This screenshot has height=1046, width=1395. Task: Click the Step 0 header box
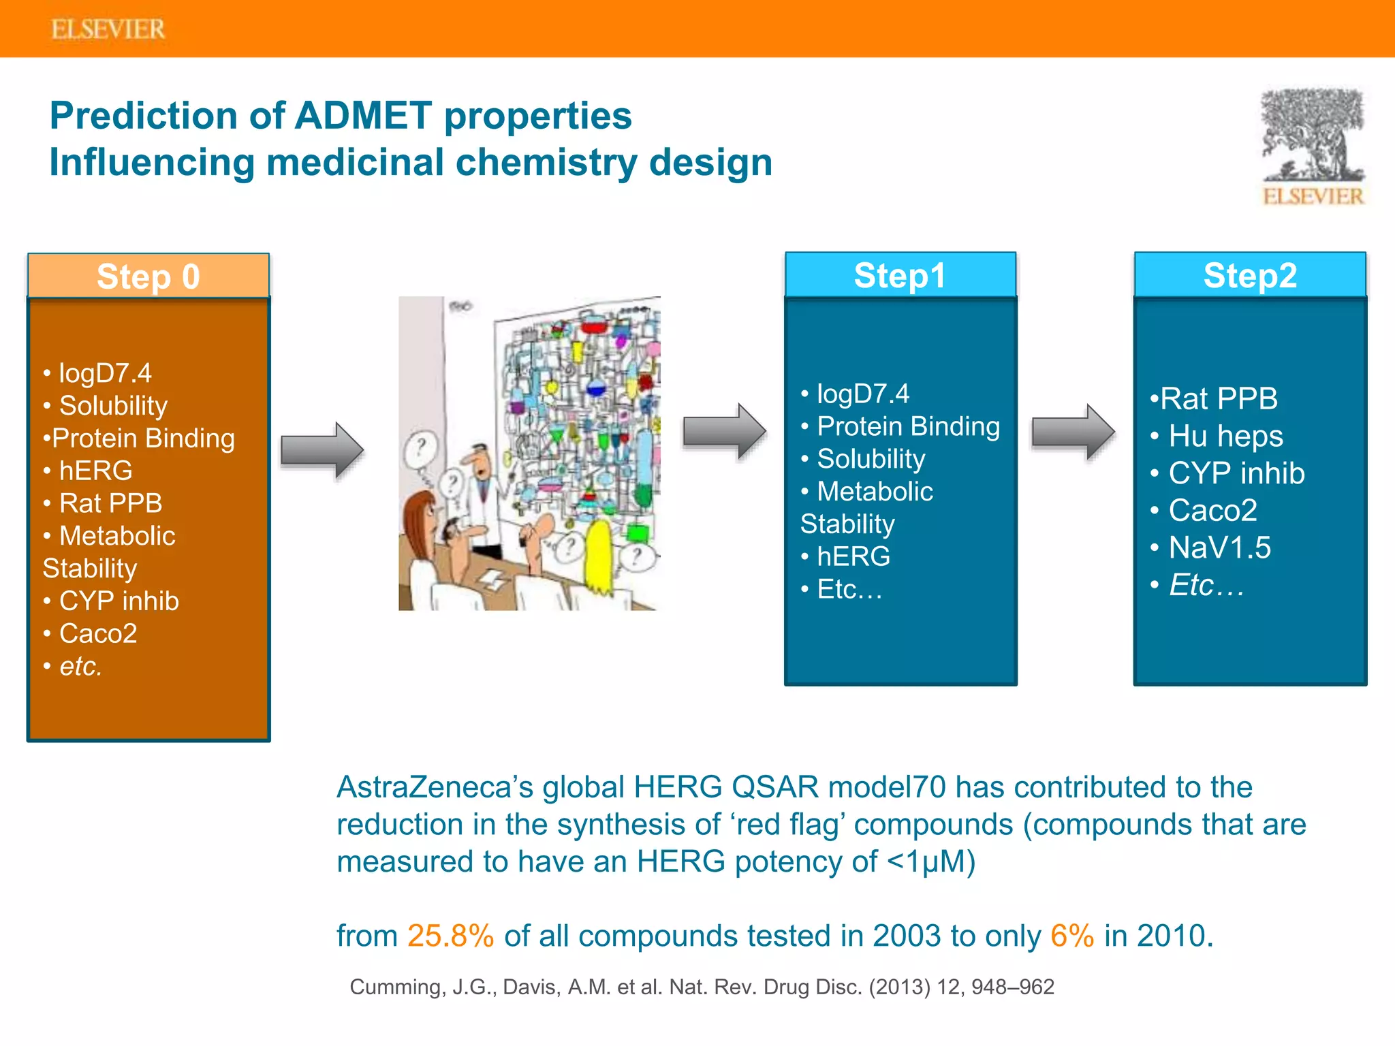pyautogui.click(x=148, y=276)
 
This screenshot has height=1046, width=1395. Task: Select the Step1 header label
pyautogui.click(x=900, y=276)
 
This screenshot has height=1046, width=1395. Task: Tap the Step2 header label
pyautogui.click(x=1250, y=276)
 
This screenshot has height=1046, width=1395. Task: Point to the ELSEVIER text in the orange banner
pyautogui.click(x=108, y=29)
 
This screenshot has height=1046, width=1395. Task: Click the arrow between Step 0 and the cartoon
pyautogui.click(x=322, y=450)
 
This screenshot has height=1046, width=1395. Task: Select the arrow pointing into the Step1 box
pyautogui.click(x=724, y=431)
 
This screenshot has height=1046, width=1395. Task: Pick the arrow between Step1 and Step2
pyautogui.click(x=1073, y=432)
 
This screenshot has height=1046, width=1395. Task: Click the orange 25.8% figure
pyautogui.click(x=450, y=936)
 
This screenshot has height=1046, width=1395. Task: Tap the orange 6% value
pyautogui.click(x=1071, y=936)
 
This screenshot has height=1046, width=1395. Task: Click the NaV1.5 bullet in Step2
pyautogui.click(x=1219, y=548)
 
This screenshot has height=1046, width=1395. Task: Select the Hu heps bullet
pyautogui.click(x=1225, y=436)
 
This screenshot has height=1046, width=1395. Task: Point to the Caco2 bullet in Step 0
pyautogui.click(x=97, y=634)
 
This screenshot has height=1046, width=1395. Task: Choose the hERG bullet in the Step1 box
pyautogui.click(x=853, y=556)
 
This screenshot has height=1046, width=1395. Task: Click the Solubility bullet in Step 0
pyautogui.click(x=112, y=406)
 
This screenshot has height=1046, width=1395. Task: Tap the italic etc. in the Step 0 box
pyautogui.click(x=80, y=666)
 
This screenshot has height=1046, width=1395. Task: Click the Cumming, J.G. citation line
pyautogui.click(x=701, y=987)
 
